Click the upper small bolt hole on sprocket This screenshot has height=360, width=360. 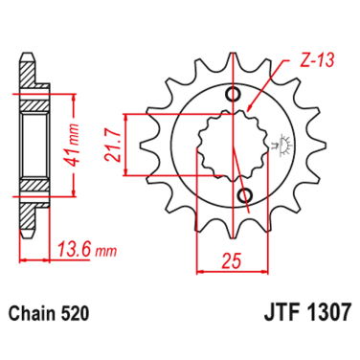click(235, 93)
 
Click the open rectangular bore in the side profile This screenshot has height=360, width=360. click(31, 145)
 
